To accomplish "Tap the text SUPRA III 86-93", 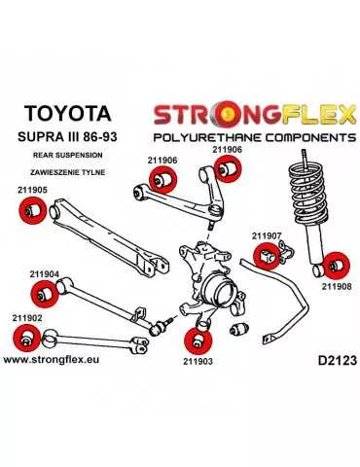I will (x=66, y=131).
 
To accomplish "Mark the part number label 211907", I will (x=267, y=235).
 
